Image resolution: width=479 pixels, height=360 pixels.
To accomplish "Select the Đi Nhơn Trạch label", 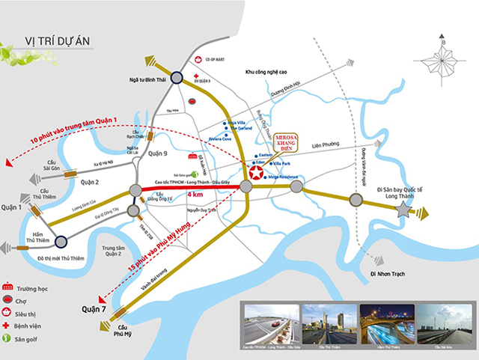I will tap(389, 273).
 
